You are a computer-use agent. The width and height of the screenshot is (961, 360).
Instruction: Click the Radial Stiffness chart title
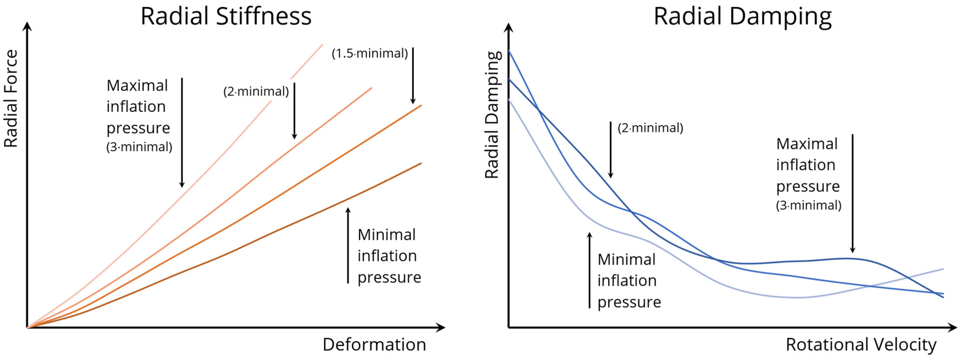pos(226,17)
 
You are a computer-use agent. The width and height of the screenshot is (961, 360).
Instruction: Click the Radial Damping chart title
pos(742,17)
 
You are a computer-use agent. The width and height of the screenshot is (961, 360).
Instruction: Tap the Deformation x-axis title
pos(374,344)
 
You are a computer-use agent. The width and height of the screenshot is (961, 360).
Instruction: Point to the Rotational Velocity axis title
pos(861,344)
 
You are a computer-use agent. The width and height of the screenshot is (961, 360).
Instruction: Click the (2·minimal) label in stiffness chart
pos(256,91)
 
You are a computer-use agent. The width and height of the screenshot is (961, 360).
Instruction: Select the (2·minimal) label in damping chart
pos(650,128)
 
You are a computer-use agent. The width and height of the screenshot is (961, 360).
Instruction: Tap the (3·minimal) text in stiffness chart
pos(139,147)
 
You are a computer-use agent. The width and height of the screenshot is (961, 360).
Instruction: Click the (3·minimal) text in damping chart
pos(808,205)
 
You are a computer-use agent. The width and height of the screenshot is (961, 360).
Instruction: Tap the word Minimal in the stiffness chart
pos(387,235)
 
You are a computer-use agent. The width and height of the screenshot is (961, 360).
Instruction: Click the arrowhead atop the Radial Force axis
pos(27,26)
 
